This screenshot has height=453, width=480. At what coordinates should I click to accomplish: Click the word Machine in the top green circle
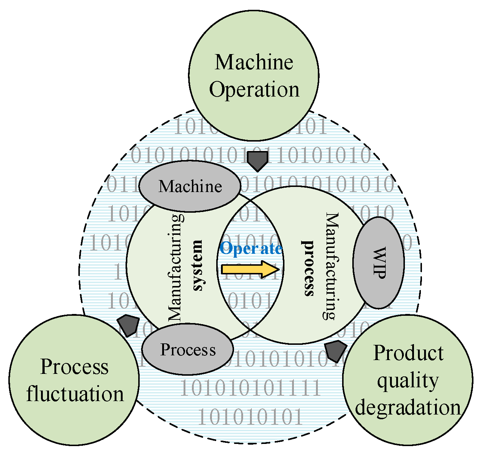click(254, 62)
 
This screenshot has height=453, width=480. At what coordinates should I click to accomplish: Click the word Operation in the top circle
click(254, 89)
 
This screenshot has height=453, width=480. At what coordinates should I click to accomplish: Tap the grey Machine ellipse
click(190, 186)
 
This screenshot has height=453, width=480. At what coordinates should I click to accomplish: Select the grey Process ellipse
click(188, 350)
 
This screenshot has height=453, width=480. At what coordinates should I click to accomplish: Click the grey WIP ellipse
click(378, 262)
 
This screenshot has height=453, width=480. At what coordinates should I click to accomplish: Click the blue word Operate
click(251, 249)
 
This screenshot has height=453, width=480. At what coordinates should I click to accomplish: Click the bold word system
click(197, 265)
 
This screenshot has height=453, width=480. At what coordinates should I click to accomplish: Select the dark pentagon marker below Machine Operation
click(257, 161)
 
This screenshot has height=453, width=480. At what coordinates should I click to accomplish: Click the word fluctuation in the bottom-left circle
click(75, 394)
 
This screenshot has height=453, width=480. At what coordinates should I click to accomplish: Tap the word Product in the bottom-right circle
click(408, 353)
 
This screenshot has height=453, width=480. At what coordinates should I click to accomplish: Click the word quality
click(408, 380)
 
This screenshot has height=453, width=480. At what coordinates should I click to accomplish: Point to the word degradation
click(408, 407)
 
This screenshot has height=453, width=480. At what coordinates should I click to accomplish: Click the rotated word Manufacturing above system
click(176, 268)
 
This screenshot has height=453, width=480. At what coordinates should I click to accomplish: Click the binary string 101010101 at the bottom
click(250, 417)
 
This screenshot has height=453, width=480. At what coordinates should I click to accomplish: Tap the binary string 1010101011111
click(250, 388)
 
